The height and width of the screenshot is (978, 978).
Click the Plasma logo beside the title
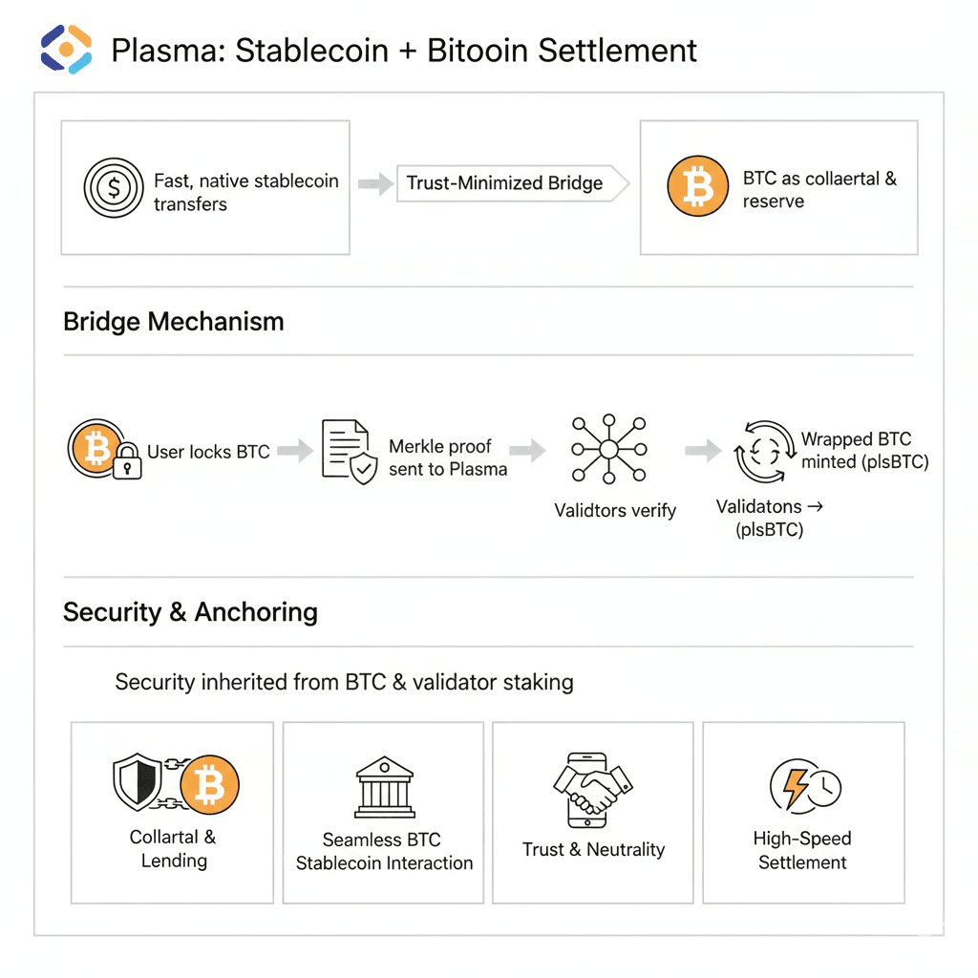(66, 49)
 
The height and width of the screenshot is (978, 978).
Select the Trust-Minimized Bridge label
(504, 183)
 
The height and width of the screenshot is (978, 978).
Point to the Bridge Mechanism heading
(174, 321)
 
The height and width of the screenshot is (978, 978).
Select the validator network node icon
(608, 449)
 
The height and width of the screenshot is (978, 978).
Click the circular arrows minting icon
(764, 451)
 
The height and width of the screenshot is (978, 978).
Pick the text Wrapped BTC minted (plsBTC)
(863, 451)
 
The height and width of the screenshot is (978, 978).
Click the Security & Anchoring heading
(190, 612)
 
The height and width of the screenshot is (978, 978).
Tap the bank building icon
(384, 788)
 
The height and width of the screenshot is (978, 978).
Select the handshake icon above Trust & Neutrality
(593, 790)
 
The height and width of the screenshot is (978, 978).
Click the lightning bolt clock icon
(804, 787)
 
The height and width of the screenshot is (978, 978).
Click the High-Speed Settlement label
(802, 850)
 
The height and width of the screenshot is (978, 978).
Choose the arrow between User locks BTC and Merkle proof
(295, 451)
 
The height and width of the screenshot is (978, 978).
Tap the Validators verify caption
(615, 510)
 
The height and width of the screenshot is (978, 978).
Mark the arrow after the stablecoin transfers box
(374, 183)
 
